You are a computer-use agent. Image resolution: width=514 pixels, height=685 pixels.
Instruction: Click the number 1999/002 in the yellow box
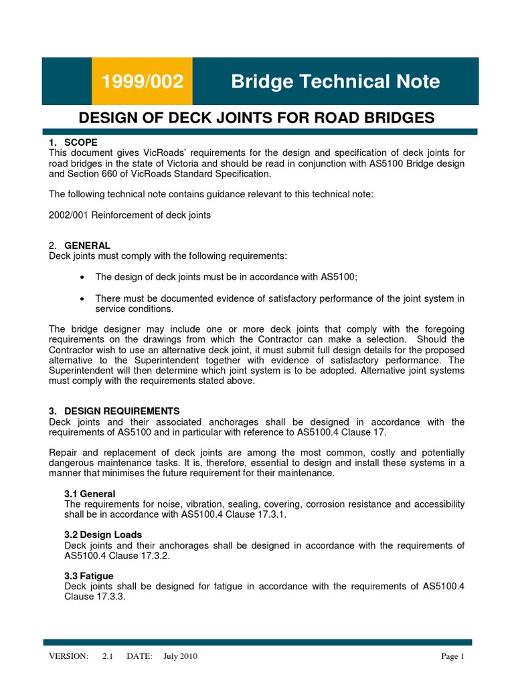[x=141, y=82]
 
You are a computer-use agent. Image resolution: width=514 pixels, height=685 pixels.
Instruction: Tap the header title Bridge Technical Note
[x=335, y=82]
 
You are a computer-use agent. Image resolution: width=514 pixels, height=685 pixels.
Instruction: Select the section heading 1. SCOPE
[x=74, y=142]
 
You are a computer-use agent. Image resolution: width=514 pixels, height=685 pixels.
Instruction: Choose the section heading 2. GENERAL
[x=80, y=246]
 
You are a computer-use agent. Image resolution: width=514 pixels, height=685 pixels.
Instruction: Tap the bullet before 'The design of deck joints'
[x=82, y=277]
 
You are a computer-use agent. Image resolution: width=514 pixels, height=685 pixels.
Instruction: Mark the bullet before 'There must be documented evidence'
[x=82, y=298]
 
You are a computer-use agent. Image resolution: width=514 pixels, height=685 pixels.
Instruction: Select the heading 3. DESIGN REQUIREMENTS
[x=114, y=411]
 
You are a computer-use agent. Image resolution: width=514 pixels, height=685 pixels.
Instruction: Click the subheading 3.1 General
[x=90, y=494]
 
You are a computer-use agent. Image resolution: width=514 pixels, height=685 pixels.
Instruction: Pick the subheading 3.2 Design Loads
[x=103, y=535]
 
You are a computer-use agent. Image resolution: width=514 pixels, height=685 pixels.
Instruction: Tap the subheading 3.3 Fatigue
[x=89, y=576]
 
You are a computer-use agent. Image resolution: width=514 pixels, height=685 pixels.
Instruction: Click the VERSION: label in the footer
[x=68, y=656]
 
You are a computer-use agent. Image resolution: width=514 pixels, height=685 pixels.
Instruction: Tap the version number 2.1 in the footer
[x=108, y=656]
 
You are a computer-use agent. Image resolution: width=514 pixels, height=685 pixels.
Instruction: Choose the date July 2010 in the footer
[x=180, y=656]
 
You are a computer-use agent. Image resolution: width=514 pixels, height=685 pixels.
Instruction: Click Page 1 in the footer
[x=452, y=656]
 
